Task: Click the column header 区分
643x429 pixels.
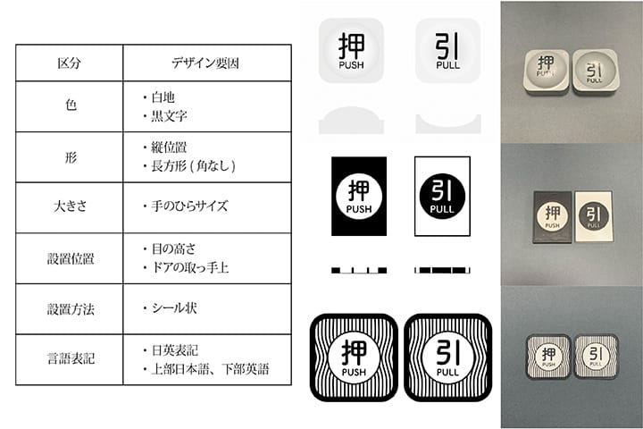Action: pyautogui.click(x=70, y=63)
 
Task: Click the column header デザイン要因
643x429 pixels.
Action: pyautogui.click(x=206, y=63)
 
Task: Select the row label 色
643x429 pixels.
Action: pyautogui.click(x=70, y=105)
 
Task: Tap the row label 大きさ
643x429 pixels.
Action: pyautogui.click(x=70, y=206)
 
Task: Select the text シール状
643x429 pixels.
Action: pyautogui.click(x=173, y=308)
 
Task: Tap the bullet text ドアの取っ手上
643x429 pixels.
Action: pyautogui.click(x=190, y=268)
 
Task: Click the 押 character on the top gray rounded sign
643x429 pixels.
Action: pyautogui.click(x=352, y=45)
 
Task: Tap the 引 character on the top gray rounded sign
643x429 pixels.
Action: pyautogui.click(x=447, y=45)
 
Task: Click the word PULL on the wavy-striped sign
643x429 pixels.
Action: pyautogui.click(x=447, y=369)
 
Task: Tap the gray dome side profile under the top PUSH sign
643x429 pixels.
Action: pyautogui.click(x=352, y=120)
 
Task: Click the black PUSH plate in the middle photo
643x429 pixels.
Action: pyautogui.click(x=552, y=214)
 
